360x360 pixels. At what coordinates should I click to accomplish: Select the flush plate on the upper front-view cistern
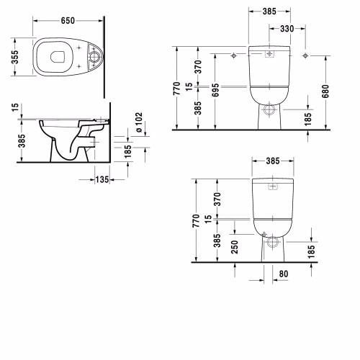[x=269, y=53]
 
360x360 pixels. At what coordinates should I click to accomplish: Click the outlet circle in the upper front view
[x=269, y=110]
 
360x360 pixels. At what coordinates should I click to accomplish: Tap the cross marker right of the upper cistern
[x=305, y=55]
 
